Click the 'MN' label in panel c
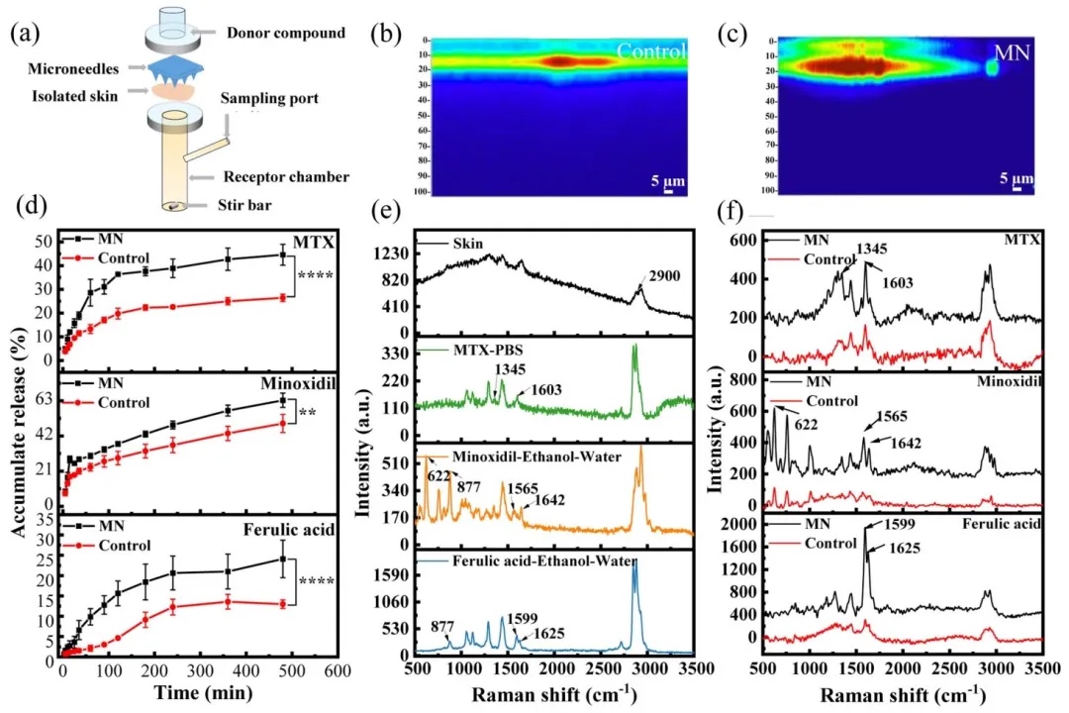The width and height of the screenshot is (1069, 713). tap(1014, 51)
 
